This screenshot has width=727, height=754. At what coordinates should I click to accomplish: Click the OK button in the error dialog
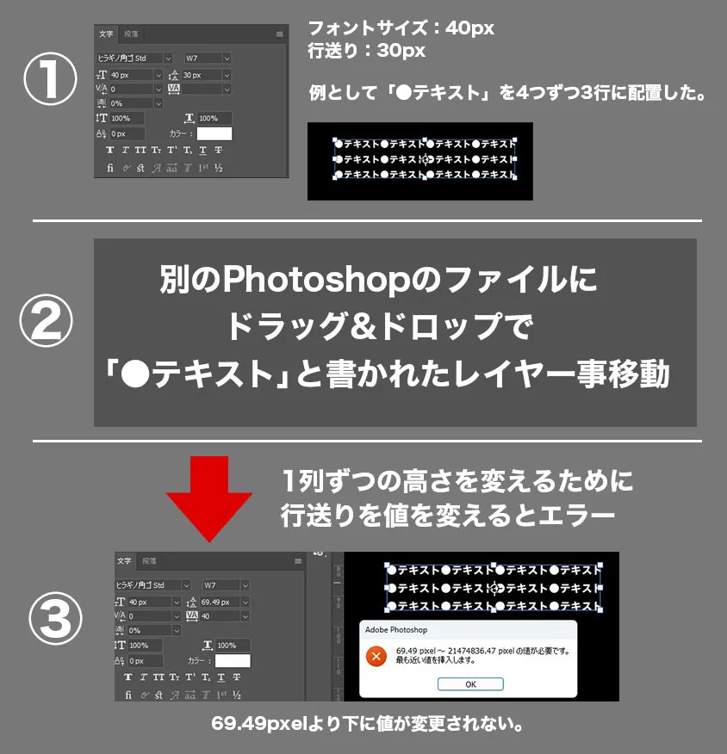470,684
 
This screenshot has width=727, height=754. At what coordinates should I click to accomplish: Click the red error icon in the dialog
376,657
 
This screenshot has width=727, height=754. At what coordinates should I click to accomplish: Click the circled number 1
50,83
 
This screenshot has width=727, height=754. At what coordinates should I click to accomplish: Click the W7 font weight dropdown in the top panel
208,58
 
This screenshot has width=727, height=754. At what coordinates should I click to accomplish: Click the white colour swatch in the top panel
214,133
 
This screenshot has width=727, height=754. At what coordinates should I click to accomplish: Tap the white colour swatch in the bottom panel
233,661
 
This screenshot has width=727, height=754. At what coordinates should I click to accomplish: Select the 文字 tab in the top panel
106,34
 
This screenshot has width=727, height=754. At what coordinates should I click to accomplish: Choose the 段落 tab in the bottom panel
150,561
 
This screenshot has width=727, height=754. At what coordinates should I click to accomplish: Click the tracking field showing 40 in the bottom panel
219,615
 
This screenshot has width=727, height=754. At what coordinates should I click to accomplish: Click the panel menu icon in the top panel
279,34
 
